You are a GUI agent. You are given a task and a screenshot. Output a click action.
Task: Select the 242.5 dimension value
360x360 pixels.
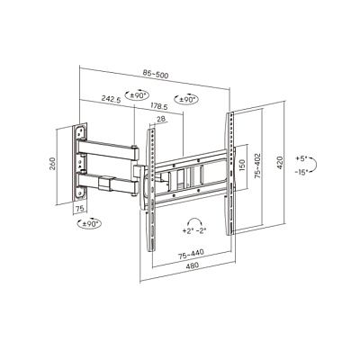[111, 99]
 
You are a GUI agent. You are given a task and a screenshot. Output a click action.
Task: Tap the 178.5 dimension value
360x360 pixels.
[159, 106]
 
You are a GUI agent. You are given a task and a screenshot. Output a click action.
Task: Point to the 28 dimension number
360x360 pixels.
[161, 119]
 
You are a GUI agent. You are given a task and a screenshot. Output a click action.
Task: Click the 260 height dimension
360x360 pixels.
[52, 164]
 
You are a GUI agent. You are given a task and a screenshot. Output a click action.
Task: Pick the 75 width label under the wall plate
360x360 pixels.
[79, 209]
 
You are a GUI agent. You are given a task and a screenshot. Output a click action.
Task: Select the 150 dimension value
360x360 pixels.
[242, 165]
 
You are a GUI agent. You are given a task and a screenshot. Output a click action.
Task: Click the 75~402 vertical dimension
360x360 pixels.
[257, 166]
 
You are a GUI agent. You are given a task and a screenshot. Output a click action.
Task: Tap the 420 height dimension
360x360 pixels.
[280, 163]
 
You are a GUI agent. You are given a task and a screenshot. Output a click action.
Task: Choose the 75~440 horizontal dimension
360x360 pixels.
[191, 255]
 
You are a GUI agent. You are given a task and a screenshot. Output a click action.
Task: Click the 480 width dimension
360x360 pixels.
[193, 265]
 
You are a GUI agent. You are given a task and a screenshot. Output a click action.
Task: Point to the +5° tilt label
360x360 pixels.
[301, 158]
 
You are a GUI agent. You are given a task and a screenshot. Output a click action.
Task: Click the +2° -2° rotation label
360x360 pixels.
[193, 230]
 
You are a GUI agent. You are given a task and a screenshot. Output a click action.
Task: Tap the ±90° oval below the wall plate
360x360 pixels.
[89, 223]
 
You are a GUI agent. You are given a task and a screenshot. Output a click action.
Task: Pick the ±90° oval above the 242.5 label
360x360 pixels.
[138, 95]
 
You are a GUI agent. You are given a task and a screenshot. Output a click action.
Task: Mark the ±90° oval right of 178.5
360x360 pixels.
[186, 99]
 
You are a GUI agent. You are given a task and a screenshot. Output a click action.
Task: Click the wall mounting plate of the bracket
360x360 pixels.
[80, 160]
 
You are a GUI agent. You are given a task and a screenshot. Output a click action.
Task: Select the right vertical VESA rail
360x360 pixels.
[230, 174]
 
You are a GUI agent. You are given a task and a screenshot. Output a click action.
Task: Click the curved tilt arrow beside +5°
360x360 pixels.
[317, 165]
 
